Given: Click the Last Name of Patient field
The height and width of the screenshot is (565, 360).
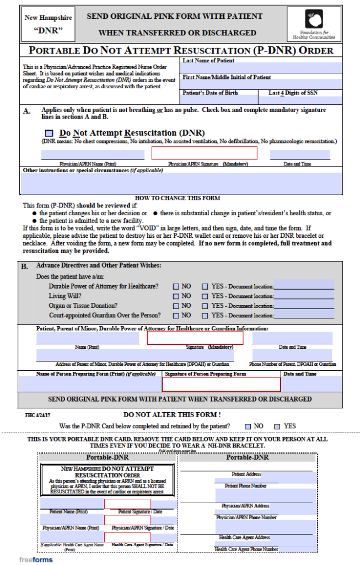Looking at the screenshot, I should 261,68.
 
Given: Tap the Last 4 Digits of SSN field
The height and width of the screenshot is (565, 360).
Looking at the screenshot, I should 300,100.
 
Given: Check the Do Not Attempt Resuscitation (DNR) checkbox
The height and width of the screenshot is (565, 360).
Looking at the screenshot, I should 50,134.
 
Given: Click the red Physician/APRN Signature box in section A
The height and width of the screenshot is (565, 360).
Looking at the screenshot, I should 204,153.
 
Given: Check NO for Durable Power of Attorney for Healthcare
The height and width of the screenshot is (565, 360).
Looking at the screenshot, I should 176,287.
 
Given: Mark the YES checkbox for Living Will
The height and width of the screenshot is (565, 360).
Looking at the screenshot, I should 205,296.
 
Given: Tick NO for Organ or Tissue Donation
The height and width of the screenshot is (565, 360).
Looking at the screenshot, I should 176,306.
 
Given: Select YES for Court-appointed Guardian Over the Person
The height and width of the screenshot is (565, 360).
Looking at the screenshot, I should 205,316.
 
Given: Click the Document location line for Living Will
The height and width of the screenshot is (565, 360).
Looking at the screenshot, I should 304,296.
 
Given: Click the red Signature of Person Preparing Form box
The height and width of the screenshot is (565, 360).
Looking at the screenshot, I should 221,385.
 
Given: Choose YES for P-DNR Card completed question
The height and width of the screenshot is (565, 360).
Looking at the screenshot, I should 276,426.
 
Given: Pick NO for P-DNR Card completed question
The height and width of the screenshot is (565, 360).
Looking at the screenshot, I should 247,426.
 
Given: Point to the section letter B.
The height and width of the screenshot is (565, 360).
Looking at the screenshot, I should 25,267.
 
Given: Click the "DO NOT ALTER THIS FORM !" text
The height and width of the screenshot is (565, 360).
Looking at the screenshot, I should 171,414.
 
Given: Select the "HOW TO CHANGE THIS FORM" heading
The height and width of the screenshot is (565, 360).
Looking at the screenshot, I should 177,198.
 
